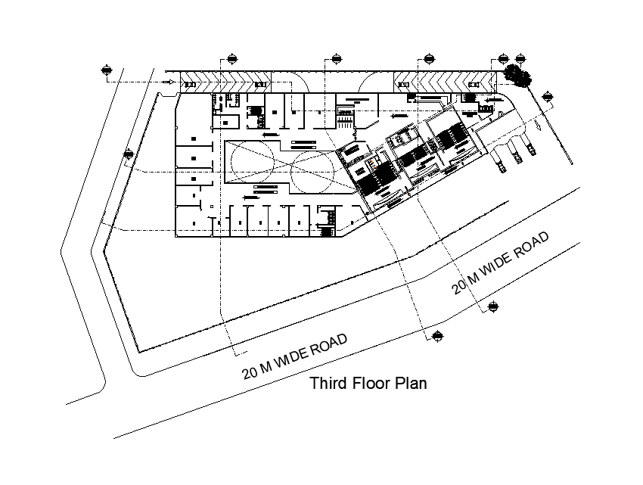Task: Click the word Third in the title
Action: [x=328, y=384]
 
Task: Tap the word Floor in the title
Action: [x=371, y=384]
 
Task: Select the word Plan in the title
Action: [x=412, y=384]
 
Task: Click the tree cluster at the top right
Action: [x=517, y=74]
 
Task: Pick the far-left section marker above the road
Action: [x=106, y=71]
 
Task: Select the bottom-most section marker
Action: [x=437, y=336]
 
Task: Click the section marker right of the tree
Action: [x=548, y=95]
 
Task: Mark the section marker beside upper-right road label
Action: [x=493, y=306]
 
